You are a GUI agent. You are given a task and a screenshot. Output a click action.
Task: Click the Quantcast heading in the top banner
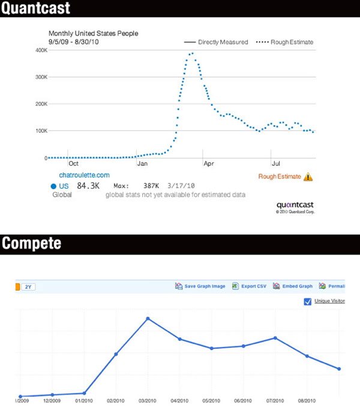coord(35,8)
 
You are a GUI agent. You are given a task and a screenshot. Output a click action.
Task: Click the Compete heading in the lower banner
coord(31,243)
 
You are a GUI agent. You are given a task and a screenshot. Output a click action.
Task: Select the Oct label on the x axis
coord(74,163)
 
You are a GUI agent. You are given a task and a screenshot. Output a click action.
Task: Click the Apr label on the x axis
coord(208,163)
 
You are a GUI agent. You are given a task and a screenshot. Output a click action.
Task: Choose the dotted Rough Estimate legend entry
coord(284,42)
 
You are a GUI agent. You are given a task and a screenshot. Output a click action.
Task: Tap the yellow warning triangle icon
coord(308,177)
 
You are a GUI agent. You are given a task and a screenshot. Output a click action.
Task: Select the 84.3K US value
coord(89,186)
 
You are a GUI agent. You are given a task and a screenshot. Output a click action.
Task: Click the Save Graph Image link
coord(204,286)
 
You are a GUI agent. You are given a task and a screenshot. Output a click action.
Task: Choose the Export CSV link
coord(252,286)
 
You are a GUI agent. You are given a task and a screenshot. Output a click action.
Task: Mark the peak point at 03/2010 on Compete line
coord(148,318)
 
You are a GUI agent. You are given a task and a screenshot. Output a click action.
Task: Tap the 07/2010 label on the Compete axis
coord(275,400)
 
